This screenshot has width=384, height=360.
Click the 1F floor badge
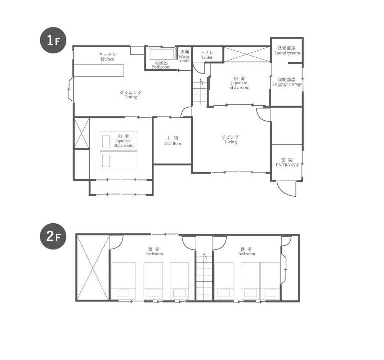coord(53,40)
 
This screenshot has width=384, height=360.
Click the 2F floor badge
coord(53,236)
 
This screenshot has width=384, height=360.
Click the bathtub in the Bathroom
coord(162,53)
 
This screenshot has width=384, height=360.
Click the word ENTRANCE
coord(287,165)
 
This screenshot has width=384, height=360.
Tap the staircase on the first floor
coord(200,92)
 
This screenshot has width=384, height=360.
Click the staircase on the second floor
coord(204,276)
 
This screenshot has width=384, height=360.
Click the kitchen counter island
coord(99,70)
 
